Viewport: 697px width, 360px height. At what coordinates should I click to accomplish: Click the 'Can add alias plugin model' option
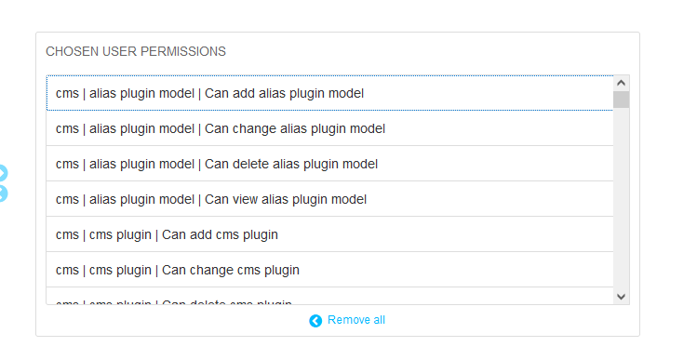click(x=209, y=93)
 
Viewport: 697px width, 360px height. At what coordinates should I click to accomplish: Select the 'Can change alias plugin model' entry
click(x=221, y=128)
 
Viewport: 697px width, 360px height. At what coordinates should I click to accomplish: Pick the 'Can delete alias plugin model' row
click(x=217, y=164)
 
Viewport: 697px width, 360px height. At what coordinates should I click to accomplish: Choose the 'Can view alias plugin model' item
click(x=211, y=199)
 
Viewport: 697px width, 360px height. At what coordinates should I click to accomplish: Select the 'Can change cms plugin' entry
click(x=178, y=270)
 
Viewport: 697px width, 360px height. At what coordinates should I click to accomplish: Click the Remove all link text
click(x=355, y=320)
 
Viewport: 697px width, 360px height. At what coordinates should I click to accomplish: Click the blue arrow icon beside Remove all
click(x=315, y=321)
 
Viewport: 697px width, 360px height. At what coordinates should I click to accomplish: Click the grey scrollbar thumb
click(x=621, y=100)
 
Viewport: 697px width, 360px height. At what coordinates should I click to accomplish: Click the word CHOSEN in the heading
click(x=70, y=51)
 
